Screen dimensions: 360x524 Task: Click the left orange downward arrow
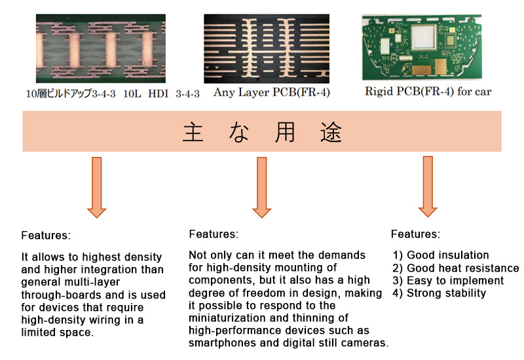click(96, 187)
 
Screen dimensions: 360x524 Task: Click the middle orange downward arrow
click(261, 187)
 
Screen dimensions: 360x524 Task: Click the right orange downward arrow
click(428, 187)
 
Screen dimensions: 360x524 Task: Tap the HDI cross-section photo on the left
click(99, 50)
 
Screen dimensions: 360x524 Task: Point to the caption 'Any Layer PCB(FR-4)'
click(271, 92)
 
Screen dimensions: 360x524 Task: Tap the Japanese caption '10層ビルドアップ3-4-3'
click(71, 94)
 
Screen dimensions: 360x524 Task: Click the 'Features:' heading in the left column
click(46, 235)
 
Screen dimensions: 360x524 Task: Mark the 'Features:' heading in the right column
click(415, 234)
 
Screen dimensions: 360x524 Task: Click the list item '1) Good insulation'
click(440, 255)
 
